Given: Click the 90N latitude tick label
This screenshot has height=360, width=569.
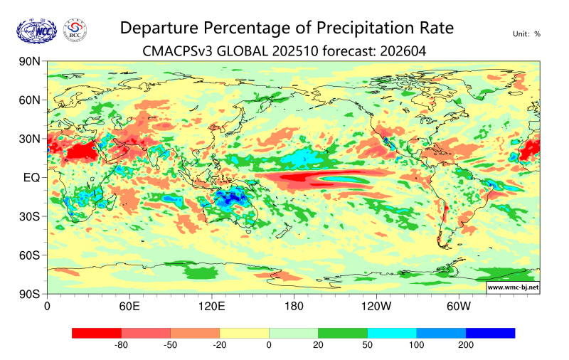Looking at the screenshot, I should [31, 62].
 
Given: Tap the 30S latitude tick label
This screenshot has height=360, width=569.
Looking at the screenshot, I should [31, 216].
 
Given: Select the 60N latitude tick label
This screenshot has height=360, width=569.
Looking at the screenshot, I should [31, 100].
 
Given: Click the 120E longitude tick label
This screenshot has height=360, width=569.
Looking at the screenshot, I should [211, 307].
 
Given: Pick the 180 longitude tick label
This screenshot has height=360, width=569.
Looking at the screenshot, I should [294, 307].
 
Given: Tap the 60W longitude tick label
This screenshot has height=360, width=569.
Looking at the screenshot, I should [459, 307].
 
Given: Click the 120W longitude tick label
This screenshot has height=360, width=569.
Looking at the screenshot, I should [376, 307].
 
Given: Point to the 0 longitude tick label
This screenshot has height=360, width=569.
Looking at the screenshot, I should [48, 307].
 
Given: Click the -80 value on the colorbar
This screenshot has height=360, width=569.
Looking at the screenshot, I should [121, 346].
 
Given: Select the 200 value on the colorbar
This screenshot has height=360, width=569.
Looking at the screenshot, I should [465, 346].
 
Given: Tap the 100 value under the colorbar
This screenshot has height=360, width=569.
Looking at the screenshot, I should [416, 346].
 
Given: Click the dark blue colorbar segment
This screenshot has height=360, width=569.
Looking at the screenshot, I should [490, 333].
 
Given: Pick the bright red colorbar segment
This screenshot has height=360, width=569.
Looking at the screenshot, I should [97, 333].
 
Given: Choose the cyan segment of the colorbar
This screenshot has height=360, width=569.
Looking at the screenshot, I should [392, 333].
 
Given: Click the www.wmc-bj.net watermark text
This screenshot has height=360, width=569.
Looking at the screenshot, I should [512, 287].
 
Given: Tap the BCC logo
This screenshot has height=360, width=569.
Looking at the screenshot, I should [75, 31].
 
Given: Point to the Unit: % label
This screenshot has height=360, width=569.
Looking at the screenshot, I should [526, 33].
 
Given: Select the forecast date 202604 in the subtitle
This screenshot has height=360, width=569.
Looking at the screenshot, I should [405, 51].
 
